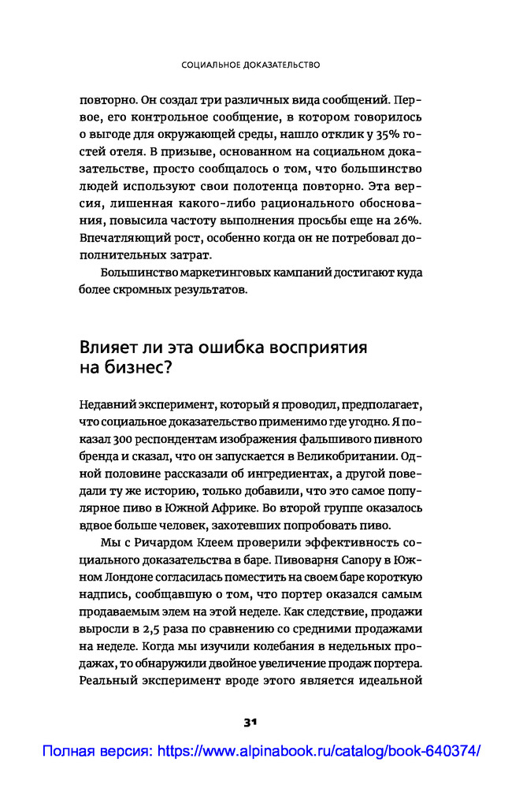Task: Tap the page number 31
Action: tap(251, 721)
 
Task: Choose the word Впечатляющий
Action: tap(121, 238)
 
